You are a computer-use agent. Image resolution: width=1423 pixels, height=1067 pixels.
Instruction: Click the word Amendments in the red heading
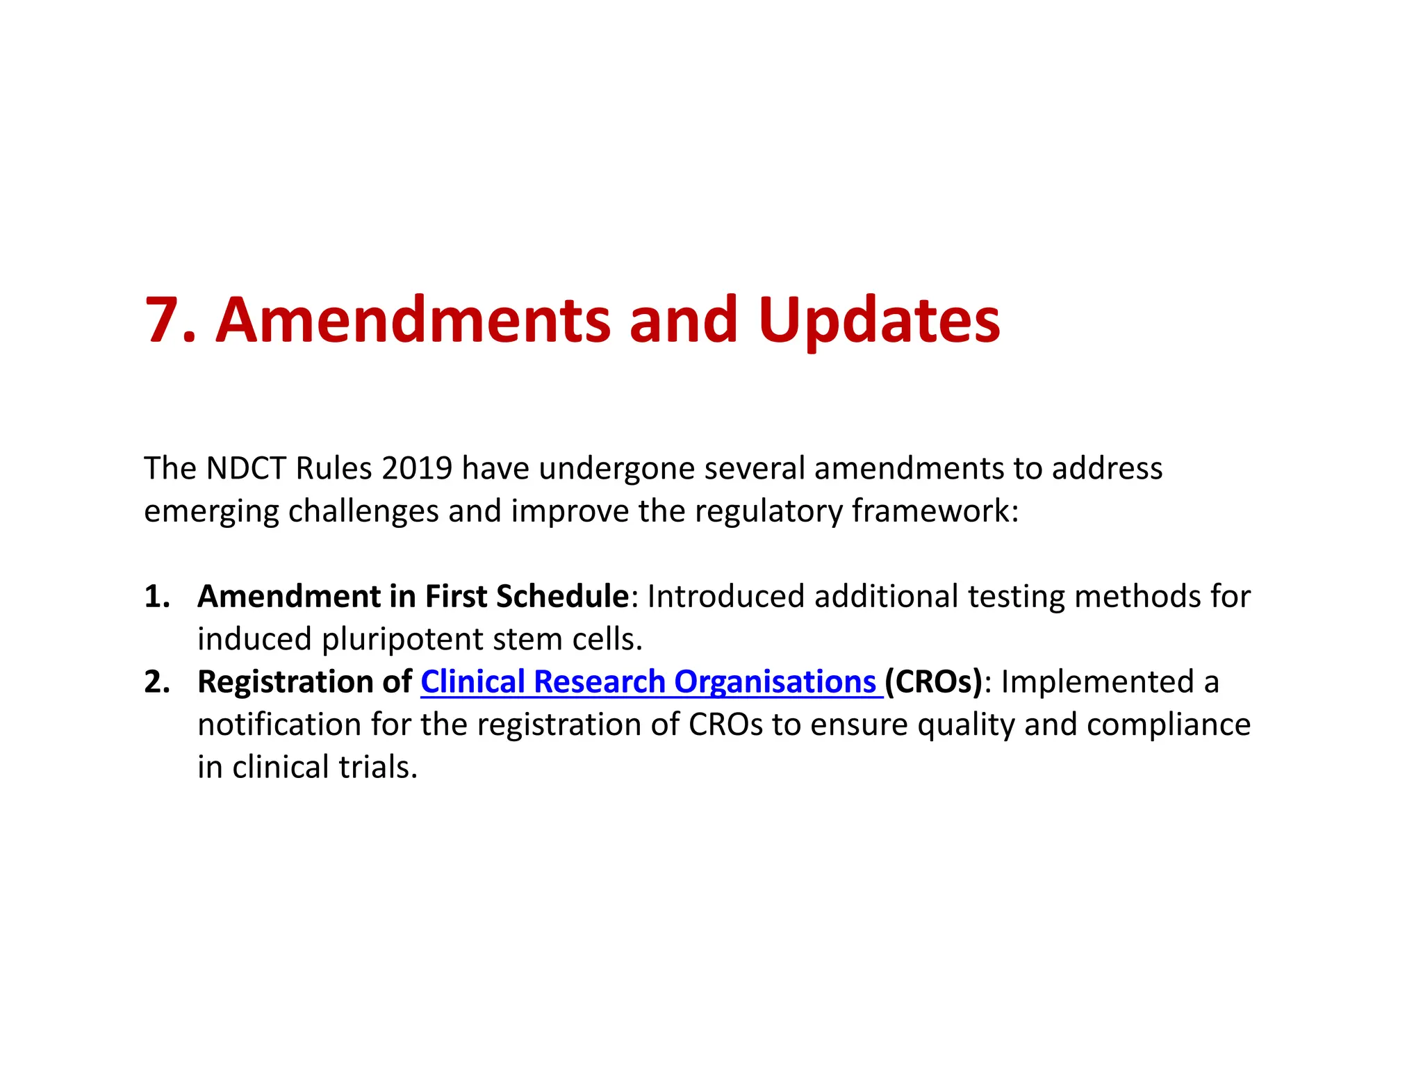[413, 321]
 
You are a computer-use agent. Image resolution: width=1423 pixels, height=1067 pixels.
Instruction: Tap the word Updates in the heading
[879, 321]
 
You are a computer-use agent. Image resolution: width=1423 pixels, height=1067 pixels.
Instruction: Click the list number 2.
[156, 682]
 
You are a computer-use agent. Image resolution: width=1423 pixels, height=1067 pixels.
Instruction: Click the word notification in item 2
[279, 725]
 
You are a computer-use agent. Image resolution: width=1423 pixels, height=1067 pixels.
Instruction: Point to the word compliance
[1168, 725]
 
